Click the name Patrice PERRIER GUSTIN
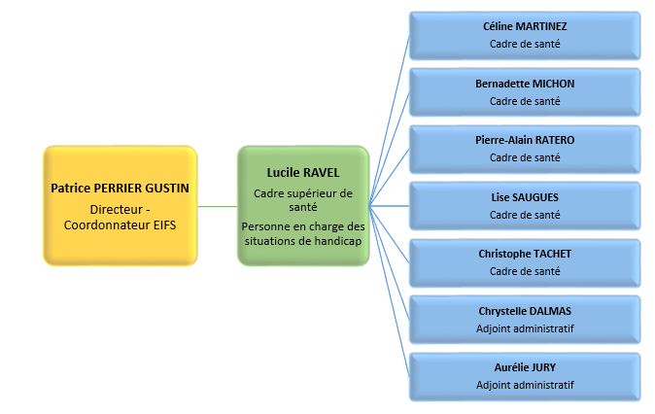click(x=121, y=188)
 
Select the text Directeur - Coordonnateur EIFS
click(x=121, y=218)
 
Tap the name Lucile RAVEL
click(x=302, y=172)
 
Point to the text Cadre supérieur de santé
click(x=302, y=201)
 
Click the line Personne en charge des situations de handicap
click(x=302, y=233)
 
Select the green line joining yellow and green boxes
click(x=218, y=206)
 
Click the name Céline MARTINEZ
click(x=525, y=27)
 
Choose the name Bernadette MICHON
click(x=525, y=84)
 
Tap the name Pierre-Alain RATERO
click(x=525, y=140)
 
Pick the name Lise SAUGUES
click(x=525, y=197)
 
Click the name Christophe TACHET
click(x=525, y=254)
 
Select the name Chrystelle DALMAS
click(x=525, y=311)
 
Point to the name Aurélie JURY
click(x=525, y=367)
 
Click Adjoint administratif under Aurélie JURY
click(x=525, y=385)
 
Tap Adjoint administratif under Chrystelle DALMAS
click(x=525, y=328)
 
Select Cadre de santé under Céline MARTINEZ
click(x=525, y=45)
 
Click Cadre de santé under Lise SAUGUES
click(x=525, y=215)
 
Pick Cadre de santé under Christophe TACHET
click(x=525, y=271)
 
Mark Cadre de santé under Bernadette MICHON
click(x=525, y=101)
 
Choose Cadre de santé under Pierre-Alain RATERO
click(x=525, y=157)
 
